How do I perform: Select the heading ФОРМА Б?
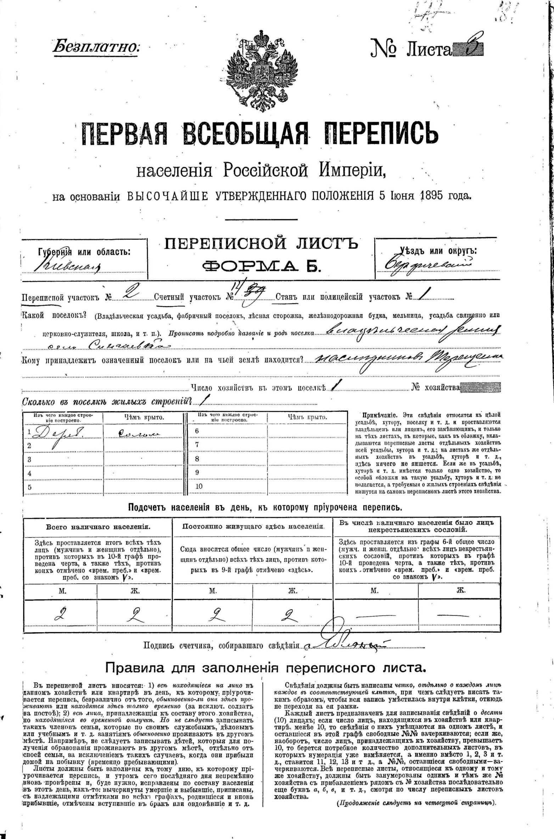point(261,266)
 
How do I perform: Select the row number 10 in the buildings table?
point(199,486)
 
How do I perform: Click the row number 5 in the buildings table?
point(29,487)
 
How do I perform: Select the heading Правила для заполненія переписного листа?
point(265,668)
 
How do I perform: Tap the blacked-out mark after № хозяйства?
point(481,387)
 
